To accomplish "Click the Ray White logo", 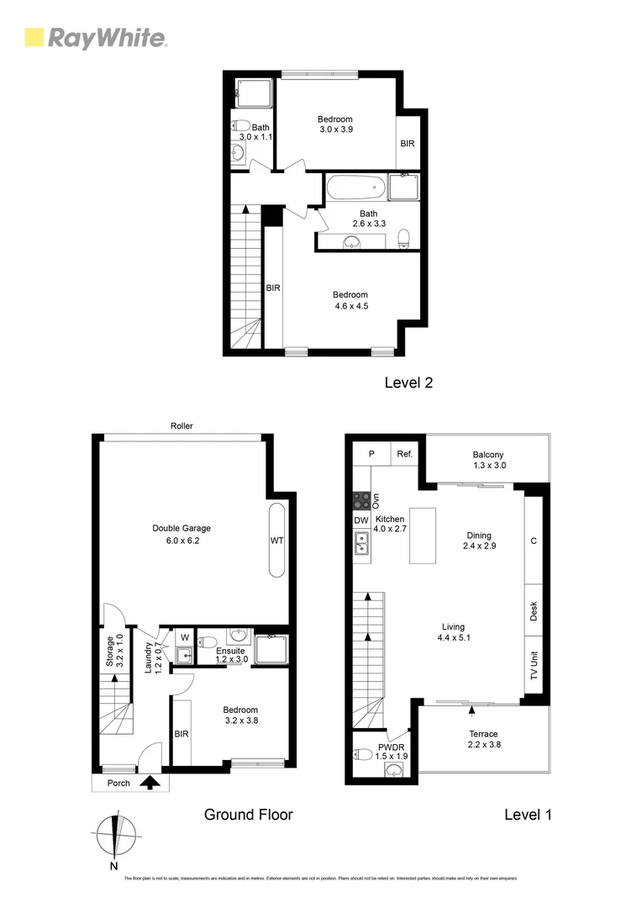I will tap(96, 38).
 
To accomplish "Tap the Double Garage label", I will tap(181, 528).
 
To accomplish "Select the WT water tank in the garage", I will tap(276, 541).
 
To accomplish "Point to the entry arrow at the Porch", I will tap(150, 784).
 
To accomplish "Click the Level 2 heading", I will tap(408, 383).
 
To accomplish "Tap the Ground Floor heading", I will tap(249, 814).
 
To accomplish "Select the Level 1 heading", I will tap(527, 814).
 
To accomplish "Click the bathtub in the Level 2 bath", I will tap(356, 187).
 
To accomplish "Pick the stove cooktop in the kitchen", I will tap(361, 501).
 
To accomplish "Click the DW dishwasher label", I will tap(361, 521).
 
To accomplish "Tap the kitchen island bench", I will tap(424, 536).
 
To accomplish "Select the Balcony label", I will tap(487, 454).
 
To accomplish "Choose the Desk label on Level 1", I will tap(534, 611).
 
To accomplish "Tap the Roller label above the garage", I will tap(182, 426).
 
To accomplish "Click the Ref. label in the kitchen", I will tap(404, 454).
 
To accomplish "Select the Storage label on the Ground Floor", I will tap(109, 651).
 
